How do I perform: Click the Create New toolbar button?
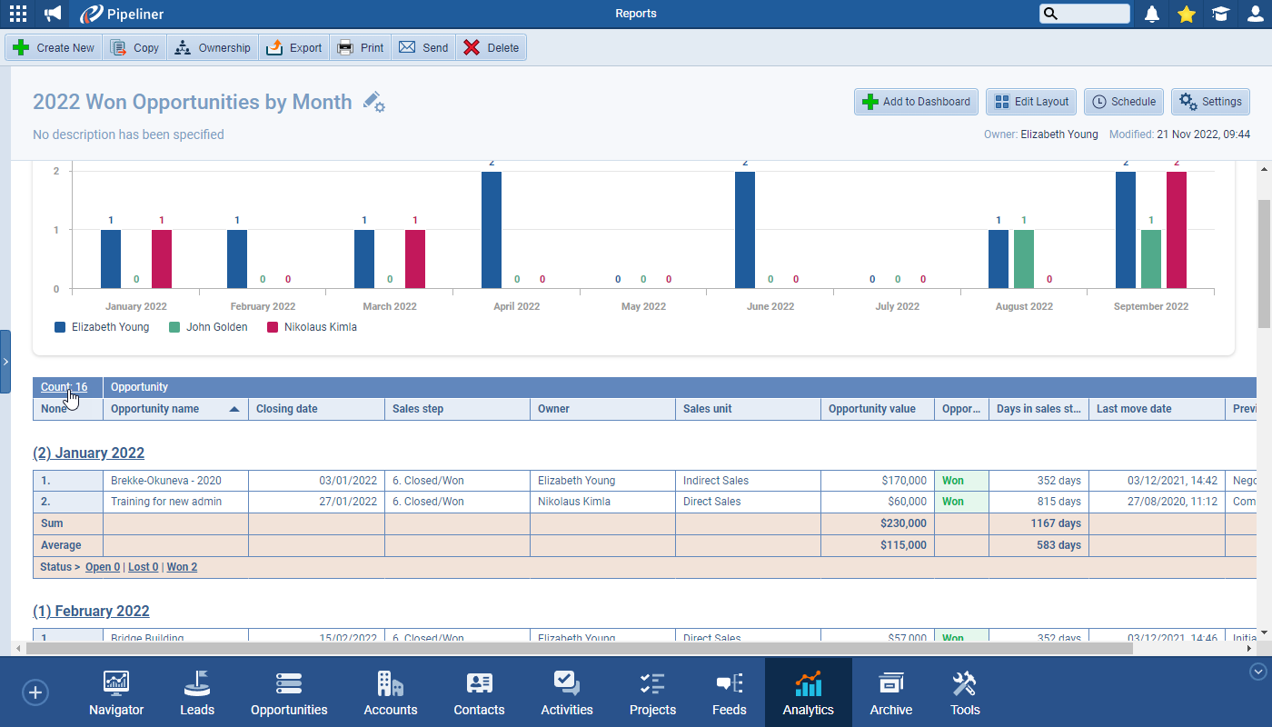[55, 48]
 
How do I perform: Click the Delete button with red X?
[491, 48]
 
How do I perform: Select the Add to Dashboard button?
[916, 102]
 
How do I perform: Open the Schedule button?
[1125, 102]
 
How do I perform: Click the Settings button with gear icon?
[1210, 102]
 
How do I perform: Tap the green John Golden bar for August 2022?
[1024, 259]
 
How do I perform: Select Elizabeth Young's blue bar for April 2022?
[492, 230]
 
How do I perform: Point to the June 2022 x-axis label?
[770, 306]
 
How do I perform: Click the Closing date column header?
[287, 409]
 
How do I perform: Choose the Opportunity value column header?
[872, 409]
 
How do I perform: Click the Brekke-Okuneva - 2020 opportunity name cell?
[166, 481]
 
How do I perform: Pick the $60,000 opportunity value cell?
[907, 502]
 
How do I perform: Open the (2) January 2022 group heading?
[89, 453]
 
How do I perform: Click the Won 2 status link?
[182, 567]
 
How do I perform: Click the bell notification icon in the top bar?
[1152, 14]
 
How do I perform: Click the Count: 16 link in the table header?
[64, 387]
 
